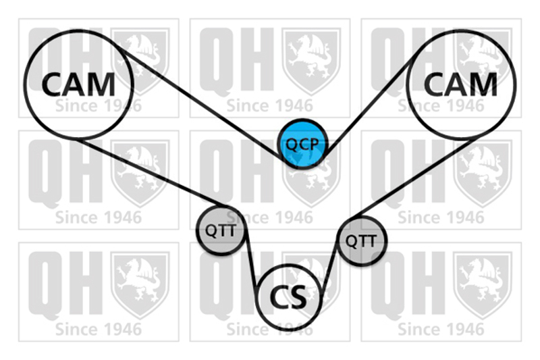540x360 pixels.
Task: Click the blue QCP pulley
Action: (x=302, y=144)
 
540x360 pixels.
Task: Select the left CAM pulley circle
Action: (x=78, y=84)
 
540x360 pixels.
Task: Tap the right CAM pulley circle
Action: (x=461, y=84)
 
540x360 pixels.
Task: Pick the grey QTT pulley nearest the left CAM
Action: (x=221, y=230)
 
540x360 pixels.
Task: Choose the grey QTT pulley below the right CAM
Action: (x=361, y=240)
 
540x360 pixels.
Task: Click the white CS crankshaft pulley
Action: (x=289, y=298)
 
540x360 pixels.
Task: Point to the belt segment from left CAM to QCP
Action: (x=201, y=101)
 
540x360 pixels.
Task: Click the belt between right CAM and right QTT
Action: (x=414, y=177)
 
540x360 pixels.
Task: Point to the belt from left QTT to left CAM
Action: (x=151, y=172)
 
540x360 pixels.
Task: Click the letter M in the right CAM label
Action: (x=482, y=84)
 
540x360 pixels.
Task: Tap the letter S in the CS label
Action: (x=298, y=298)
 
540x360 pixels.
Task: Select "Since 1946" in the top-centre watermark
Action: (x=269, y=106)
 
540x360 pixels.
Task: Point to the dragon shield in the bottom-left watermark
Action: (x=140, y=285)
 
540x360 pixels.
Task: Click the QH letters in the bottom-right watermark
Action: (x=408, y=286)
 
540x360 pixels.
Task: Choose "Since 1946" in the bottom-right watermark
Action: (x=441, y=330)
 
